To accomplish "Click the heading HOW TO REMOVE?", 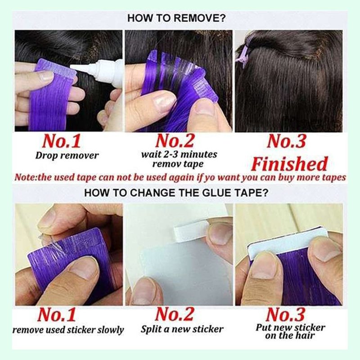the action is tap(176, 18).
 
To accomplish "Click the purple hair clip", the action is tap(243, 54).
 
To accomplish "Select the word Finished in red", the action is tap(289, 164).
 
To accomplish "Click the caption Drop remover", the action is tap(67, 156).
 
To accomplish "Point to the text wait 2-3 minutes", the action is tap(179, 154).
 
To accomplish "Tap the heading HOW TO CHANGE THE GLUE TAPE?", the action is tap(176, 193).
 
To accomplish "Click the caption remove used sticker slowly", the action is tap(68, 330).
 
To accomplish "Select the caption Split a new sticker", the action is tap(182, 329).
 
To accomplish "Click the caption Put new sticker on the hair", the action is tap(290, 332).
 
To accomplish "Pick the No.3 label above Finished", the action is tap(287, 141).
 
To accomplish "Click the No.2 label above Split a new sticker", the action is tap(175, 314).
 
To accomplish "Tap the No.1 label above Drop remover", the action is tap(62, 141).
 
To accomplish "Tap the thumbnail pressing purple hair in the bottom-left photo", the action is tap(83, 267).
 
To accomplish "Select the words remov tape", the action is tap(178, 164).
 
